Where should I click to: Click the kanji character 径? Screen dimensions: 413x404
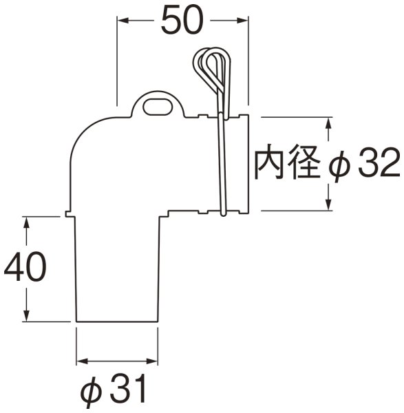[x=305, y=165]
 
